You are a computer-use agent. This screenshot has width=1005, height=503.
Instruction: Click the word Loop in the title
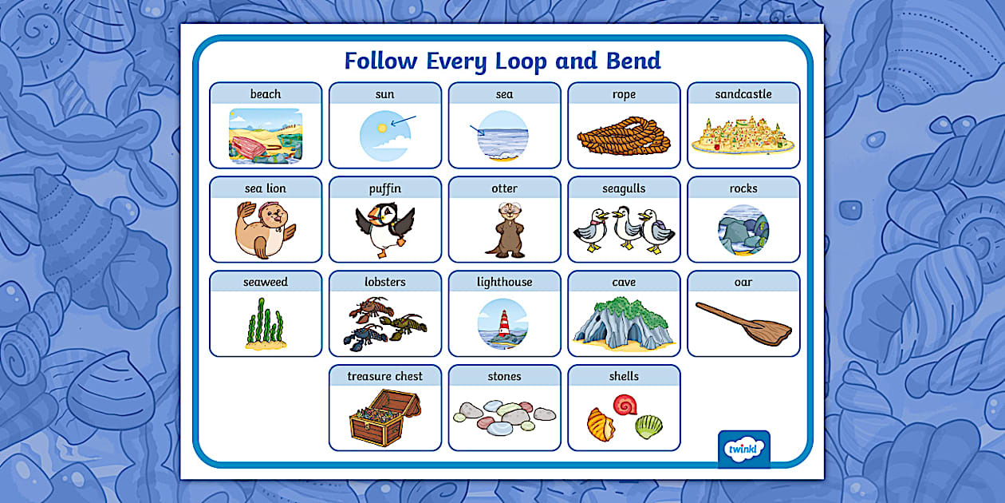pyautogui.click(x=514, y=61)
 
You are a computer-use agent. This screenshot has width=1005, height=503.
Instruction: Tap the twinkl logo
pyautogui.click(x=743, y=449)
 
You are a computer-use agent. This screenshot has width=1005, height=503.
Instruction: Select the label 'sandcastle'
pyautogui.click(x=743, y=94)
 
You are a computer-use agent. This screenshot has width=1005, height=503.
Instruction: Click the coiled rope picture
pyautogui.click(x=624, y=136)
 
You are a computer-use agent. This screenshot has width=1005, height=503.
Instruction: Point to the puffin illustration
pyautogui.click(x=384, y=228)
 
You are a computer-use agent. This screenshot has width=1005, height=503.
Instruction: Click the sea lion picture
pyautogui.click(x=264, y=229)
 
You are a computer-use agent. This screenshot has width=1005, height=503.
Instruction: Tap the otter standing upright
pyautogui.click(x=504, y=229)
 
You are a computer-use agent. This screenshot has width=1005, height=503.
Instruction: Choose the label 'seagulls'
pyautogui.click(x=624, y=188)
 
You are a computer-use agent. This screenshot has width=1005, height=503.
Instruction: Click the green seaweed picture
pyautogui.click(x=264, y=324)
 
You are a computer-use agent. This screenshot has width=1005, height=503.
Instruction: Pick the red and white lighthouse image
pyautogui.click(x=503, y=323)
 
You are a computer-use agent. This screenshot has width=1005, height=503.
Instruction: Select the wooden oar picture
pyautogui.click(x=743, y=323)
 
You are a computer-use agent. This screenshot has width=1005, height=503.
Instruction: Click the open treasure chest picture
pyautogui.click(x=384, y=417)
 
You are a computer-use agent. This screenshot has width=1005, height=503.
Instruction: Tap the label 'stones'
pyautogui.click(x=504, y=376)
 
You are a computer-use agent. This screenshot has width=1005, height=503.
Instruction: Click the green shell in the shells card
pyautogui.click(x=648, y=426)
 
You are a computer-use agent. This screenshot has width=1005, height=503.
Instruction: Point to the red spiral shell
pyautogui.click(x=625, y=406)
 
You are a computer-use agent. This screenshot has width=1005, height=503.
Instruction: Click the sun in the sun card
pyautogui.click(x=382, y=128)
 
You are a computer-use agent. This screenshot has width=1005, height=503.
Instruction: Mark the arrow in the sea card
pyautogui.click(x=478, y=131)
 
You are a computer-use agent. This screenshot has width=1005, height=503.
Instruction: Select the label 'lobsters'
pyautogui.click(x=384, y=282)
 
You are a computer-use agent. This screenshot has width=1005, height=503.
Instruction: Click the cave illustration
pyautogui.click(x=624, y=324)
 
